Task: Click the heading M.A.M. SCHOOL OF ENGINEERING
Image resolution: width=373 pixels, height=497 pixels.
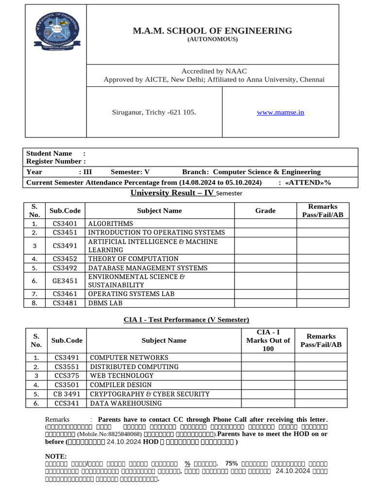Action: pyautogui.click(x=213, y=31)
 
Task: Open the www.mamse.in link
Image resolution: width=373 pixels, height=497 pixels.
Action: pyautogui.click(x=280, y=112)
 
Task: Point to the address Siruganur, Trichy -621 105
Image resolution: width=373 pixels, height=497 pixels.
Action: pyautogui.click(x=154, y=112)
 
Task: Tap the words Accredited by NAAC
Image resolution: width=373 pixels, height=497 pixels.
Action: pyautogui.click(x=214, y=71)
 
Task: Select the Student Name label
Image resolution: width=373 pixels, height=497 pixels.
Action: pyautogui.click(x=49, y=153)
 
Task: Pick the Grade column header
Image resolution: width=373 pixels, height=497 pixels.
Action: pyautogui.click(x=265, y=210)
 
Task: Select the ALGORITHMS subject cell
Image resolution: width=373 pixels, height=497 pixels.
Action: pyautogui.click(x=110, y=224)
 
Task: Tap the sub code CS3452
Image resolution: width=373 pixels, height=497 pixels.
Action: pyautogui.click(x=67, y=259)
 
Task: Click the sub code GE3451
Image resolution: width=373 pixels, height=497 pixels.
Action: pyautogui.click(x=67, y=281)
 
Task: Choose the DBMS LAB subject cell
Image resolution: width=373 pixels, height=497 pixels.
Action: pyautogui.click(x=105, y=303)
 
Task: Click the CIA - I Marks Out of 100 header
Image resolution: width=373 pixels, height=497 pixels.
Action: pyautogui.click(x=268, y=340)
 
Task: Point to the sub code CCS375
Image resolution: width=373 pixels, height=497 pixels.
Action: pyautogui.click(x=67, y=376)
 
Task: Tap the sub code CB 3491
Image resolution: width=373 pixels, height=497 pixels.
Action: pyautogui.click(x=67, y=394)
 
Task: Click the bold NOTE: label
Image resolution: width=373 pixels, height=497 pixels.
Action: pyautogui.click(x=56, y=456)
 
